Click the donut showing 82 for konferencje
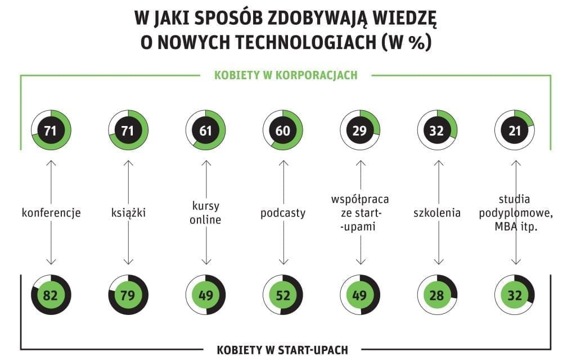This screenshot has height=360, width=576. pos(51,295)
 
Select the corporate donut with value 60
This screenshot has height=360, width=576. pos(283,130)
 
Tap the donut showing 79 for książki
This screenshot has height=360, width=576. pos(128,295)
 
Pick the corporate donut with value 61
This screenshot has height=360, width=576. pos(206,130)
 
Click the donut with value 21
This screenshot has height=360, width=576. pos(515,130)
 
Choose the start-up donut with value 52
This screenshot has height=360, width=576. pos(283,295)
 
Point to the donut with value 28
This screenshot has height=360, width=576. pos(438,295)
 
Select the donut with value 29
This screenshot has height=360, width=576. pos(360,130)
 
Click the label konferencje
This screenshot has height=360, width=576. pos(51,213)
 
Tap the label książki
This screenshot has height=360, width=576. pos(128,213)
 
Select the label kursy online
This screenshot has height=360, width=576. pos(206,213)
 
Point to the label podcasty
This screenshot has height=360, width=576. pos(283,213)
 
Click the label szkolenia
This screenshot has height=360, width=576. pos(438,213)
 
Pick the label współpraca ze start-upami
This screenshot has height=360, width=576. pos(360,213)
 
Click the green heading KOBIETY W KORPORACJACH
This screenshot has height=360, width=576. pos(286,75)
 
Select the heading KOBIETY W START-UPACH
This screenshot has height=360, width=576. pos(282,350)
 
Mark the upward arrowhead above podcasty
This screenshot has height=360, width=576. pos(283,163)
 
